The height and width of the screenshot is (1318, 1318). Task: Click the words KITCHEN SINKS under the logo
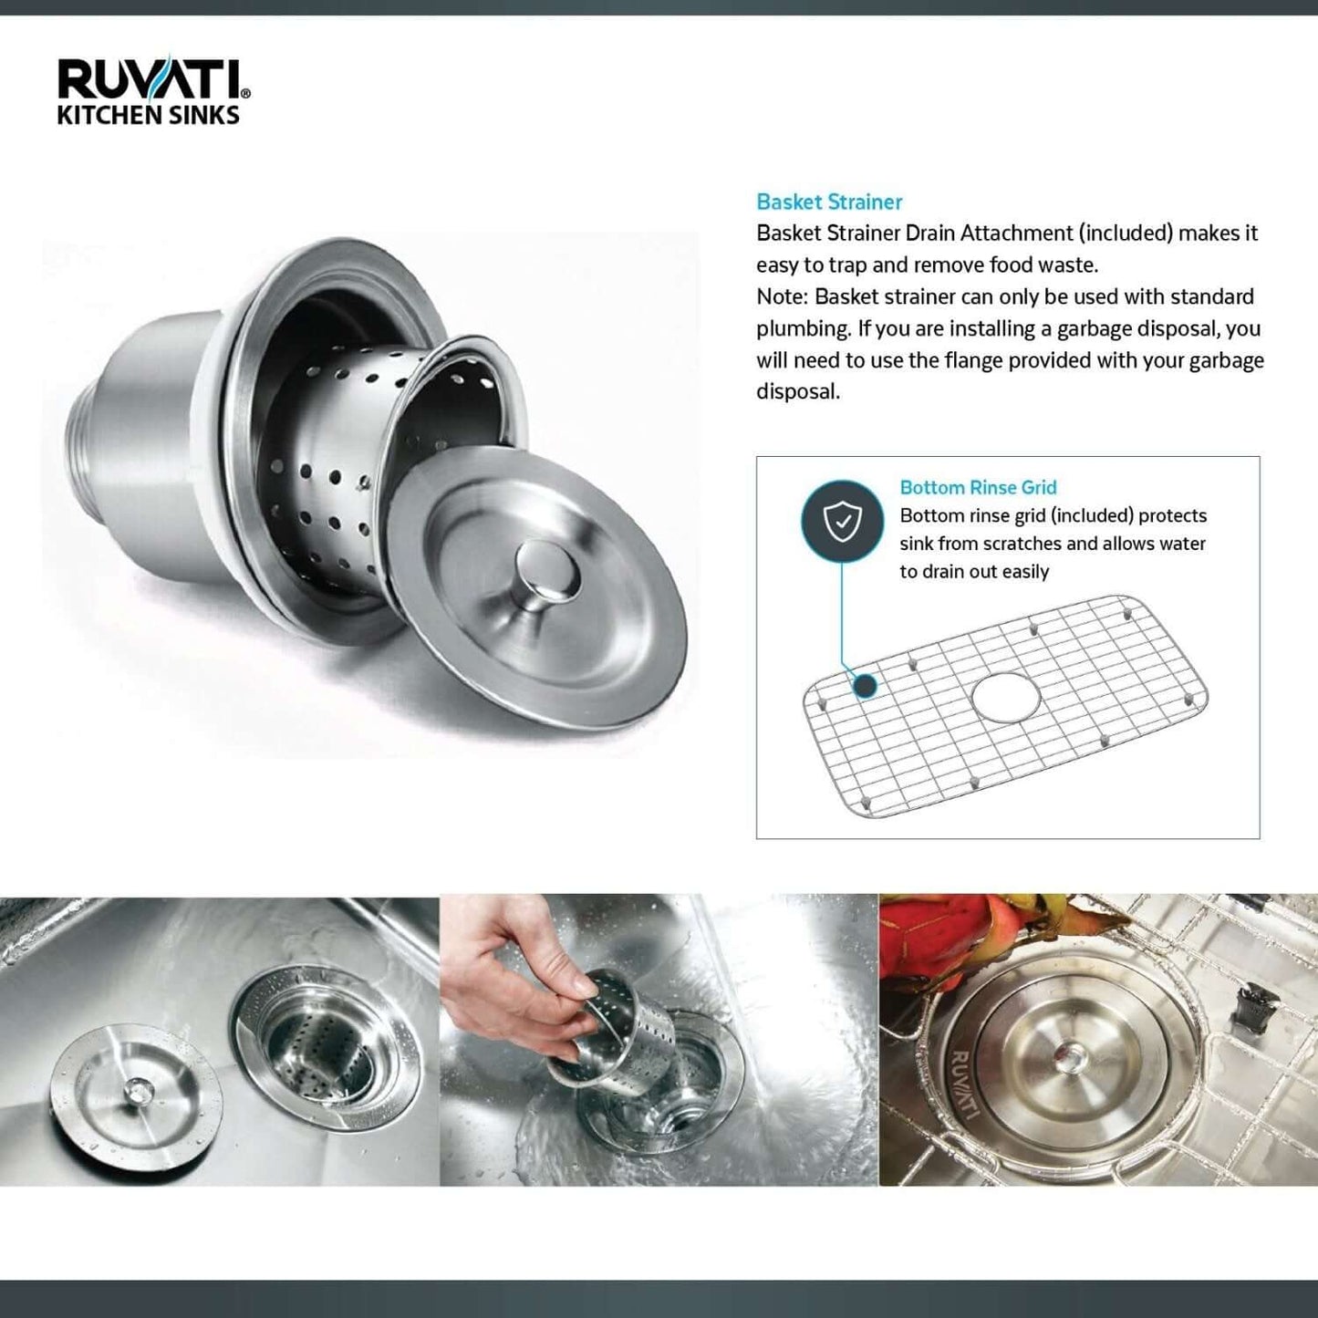coord(148,116)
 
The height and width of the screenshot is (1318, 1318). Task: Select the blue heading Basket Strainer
coord(829,202)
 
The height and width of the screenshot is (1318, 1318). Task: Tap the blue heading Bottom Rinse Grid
coord(978,488)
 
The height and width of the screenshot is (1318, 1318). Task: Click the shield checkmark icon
coord(842,522)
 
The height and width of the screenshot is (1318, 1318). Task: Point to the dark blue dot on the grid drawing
coord(865,686)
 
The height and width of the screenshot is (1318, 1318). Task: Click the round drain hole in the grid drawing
coord(1005,699)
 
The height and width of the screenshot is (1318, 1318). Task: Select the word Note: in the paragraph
coord(783,297)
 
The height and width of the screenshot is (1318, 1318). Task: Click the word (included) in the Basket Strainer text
coord(1125,234)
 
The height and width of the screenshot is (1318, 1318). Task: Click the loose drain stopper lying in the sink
coord(136,1089)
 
